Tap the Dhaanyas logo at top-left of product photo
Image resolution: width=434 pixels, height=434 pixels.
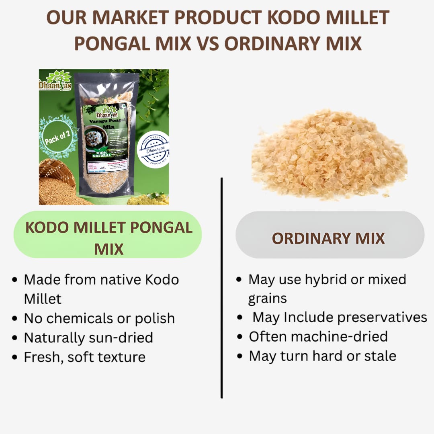coord(55,80)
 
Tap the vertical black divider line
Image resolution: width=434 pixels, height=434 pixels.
coord(221,287)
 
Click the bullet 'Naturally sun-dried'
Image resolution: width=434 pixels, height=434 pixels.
coord(88,338)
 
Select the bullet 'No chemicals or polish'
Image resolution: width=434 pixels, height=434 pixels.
coord(99,318)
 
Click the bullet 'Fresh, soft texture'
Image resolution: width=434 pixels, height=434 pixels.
coord(84,357)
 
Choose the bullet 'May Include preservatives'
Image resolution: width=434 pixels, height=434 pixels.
coord(339,317)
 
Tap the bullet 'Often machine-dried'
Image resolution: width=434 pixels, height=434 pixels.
coord(318,336)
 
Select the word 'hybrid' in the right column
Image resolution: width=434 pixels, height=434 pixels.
coord(325,279)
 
